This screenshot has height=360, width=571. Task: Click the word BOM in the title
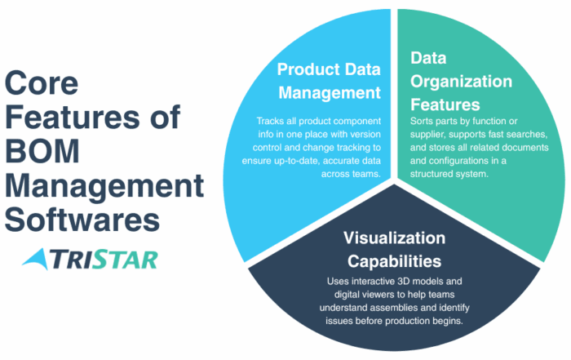(42, 151)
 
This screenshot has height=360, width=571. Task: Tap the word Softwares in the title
(82, 220)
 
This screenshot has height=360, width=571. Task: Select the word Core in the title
(42, 82)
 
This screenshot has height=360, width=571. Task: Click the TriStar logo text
(104, 260)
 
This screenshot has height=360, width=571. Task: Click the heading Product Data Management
(329, 81)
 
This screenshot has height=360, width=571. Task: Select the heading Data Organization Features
(461, 82)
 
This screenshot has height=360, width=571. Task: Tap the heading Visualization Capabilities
(394, 250)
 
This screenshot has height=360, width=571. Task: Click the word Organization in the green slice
(461, 82)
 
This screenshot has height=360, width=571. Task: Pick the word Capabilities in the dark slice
(394, 261)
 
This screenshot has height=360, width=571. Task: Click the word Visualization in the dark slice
(394, 238)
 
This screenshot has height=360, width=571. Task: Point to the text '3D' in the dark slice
(404, 282)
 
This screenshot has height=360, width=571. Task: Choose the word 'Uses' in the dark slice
(336, 282)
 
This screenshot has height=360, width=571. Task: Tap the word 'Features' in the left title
(72, 117)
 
